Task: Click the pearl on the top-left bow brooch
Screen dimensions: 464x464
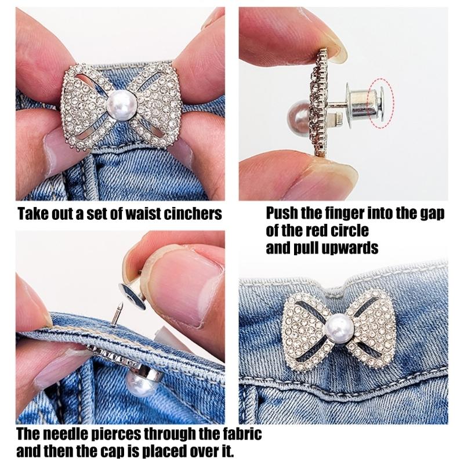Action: pos(121,106)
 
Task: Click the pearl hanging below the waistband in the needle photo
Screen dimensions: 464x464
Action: pos(140,382)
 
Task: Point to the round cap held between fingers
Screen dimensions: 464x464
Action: pos(132,295)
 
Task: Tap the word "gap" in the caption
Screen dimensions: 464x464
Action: pos(431,214)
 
